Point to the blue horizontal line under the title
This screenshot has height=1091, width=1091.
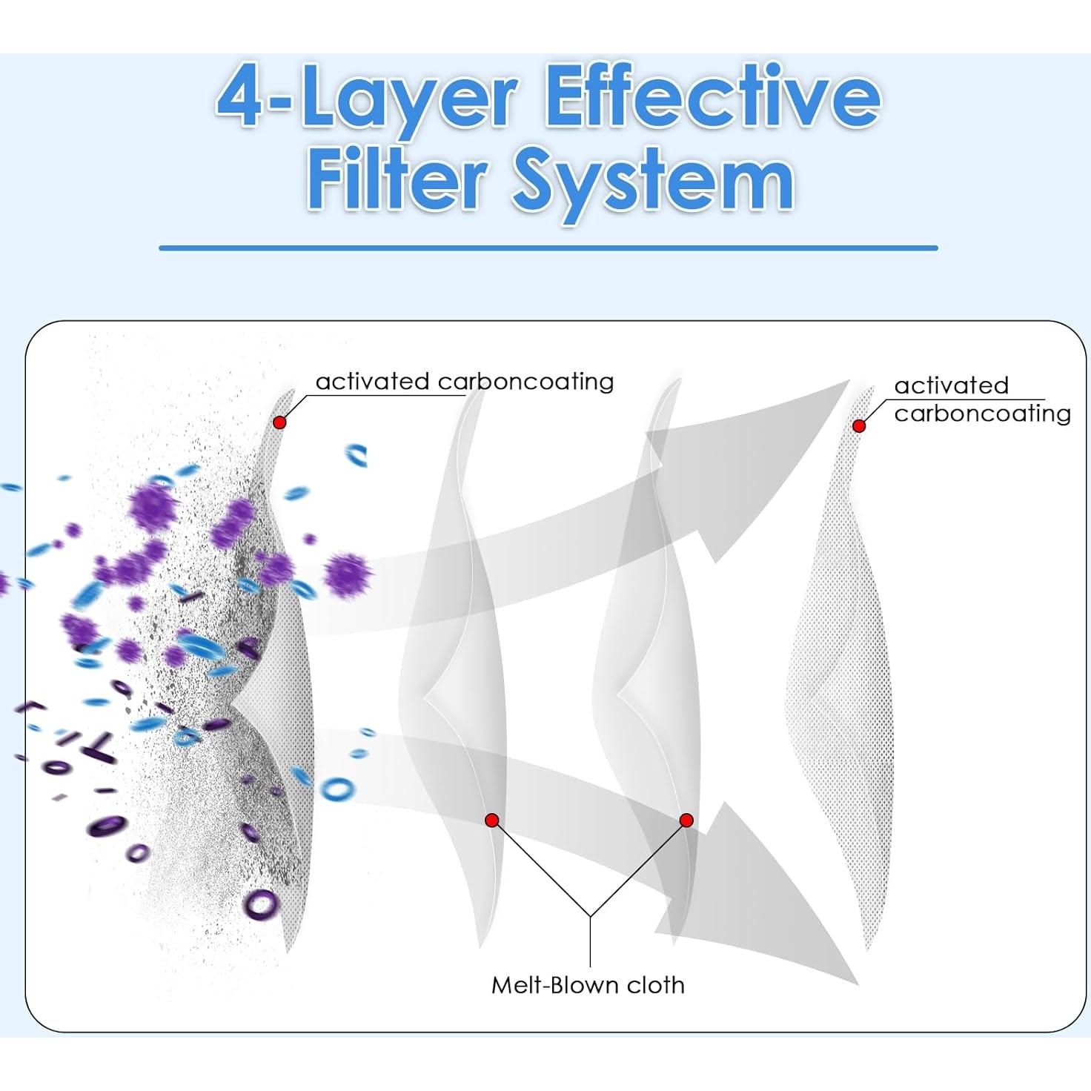(548, 248)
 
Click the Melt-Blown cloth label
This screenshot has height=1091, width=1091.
(588, 985)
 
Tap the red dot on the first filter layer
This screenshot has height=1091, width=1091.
(279, 422)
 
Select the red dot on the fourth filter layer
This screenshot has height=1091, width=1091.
(859, 426)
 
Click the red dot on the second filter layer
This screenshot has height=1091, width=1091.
(491, 820)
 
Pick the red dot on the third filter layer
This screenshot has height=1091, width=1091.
(686, 820)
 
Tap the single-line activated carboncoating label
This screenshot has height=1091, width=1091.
(465, 382)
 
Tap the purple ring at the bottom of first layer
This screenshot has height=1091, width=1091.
(261, 904)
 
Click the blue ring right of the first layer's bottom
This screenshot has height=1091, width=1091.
(337, 788)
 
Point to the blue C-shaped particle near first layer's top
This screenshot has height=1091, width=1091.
(357, 454)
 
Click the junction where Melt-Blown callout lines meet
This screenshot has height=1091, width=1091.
(590, 917)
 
